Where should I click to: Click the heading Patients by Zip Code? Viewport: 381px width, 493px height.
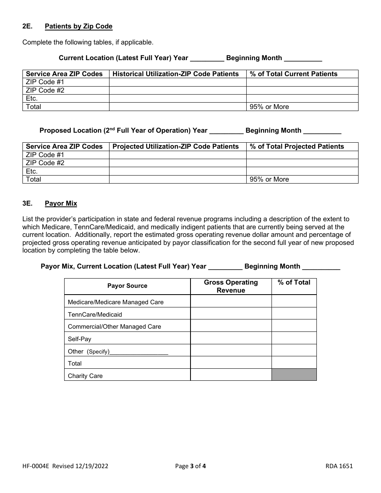click(79, 26)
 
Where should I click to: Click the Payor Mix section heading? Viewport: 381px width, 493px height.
click(61, 204)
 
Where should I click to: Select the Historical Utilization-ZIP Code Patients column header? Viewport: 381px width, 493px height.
click(176, 74)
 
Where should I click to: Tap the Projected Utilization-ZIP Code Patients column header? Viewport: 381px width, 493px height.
click(176, 146)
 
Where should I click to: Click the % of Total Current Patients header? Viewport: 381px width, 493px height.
click(294, 74)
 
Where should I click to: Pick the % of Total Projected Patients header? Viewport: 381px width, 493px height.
click(297, 146)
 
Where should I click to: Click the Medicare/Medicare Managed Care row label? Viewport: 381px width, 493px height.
click(116, 302)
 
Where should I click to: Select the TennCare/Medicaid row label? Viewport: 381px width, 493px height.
click(95, 315)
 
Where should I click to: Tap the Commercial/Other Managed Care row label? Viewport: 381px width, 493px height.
click(114, 327)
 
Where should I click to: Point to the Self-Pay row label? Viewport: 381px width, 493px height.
click(79, 339)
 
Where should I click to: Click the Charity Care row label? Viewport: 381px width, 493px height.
click(85, 376)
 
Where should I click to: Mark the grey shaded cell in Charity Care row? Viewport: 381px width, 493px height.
click(294, 375)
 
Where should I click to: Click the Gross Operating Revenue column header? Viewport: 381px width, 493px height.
click(231, 286)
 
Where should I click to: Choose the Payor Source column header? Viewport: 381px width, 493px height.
click(127, 286)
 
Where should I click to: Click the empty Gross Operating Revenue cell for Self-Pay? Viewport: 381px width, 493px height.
click(231, 338)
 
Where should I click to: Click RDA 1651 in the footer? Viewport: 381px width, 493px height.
click(339, 466)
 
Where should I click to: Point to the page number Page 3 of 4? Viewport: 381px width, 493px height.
click(190, 466)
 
